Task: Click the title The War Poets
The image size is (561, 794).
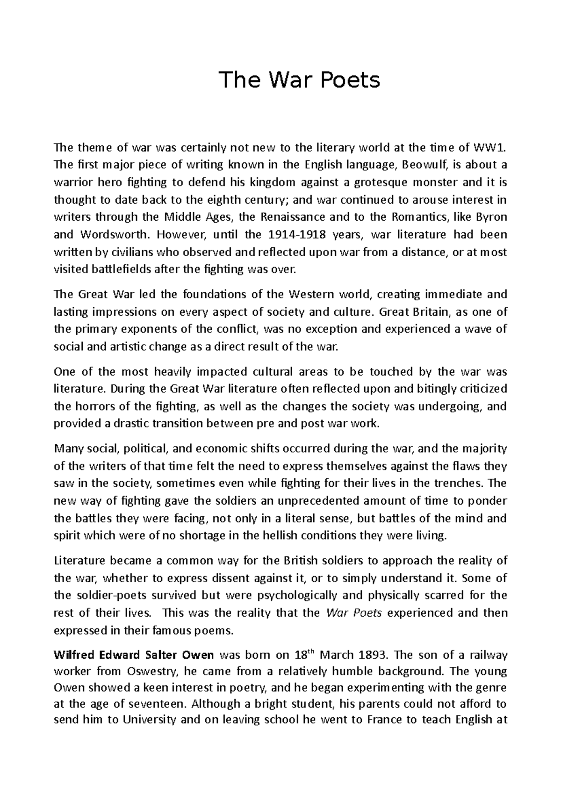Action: click(x=300, y=80)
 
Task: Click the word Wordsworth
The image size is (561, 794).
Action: click(x=114, y=234)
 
